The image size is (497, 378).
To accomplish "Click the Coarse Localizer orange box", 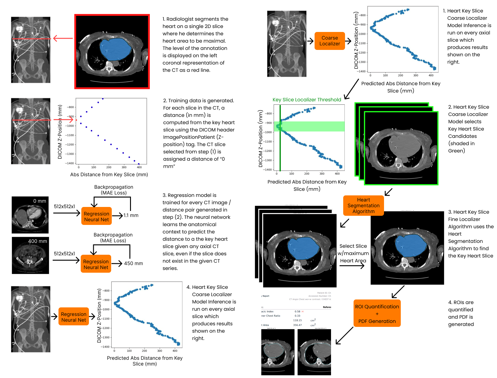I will click(330, 41).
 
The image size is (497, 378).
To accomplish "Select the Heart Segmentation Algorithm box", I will click(363, 206).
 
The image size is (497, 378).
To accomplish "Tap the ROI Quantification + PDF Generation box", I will click(377, 313).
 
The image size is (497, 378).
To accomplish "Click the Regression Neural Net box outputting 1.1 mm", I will click(96, 216).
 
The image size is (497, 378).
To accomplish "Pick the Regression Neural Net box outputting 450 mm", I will click(96, 264).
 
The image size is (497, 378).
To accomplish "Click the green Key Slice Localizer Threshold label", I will click(307, 100).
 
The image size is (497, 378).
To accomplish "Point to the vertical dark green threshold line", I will click(280, 146).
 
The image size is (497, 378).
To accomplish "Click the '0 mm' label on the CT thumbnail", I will click(40, 201).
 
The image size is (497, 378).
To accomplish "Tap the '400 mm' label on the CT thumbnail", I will click(37, 241).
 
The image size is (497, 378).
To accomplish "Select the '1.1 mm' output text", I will click(131, 215).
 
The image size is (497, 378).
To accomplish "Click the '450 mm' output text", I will click(133, 263).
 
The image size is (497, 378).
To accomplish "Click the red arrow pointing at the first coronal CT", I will click(63, 38).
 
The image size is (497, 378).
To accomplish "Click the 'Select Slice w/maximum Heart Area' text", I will click(353, 253).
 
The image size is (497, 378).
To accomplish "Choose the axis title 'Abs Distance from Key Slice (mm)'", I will click(109, 174).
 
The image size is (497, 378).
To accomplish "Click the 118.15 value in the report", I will click(297, 320).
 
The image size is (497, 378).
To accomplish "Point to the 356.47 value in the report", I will click(297, 325).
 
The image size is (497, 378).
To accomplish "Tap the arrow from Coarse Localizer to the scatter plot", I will click(348, 41).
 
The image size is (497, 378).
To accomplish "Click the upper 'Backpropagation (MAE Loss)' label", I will click(114, 190).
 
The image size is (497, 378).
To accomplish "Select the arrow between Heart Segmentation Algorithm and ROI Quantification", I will click(398, 292).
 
